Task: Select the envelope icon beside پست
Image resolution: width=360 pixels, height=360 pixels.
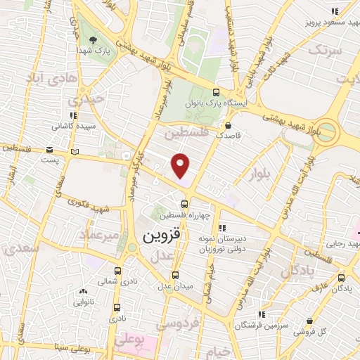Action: [49, 149]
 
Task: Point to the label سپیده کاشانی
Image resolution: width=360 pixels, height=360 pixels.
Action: [70, 127]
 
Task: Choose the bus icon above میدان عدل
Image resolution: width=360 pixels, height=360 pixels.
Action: [175, 274]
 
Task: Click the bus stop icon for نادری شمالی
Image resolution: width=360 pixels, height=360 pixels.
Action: [117, 271]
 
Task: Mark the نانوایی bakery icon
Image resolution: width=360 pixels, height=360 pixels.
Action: [84, 291]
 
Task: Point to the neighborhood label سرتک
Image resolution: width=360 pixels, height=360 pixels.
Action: [325, 51]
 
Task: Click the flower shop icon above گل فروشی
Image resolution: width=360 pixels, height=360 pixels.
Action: [309, 320]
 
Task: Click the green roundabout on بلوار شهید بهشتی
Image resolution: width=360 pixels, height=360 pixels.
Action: [324, 133]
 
